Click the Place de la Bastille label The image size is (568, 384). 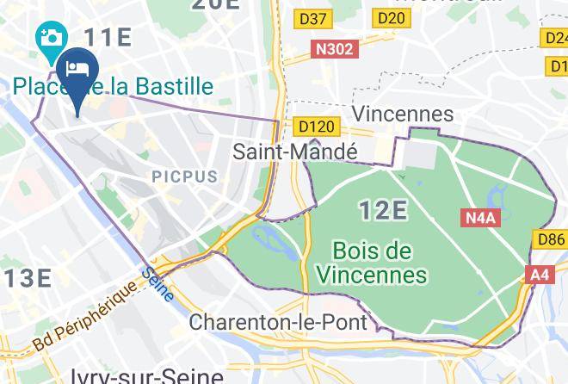113,86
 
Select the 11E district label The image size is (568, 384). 107,37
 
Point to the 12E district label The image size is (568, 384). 382,209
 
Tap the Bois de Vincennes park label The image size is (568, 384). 372,263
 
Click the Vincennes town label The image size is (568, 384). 403,114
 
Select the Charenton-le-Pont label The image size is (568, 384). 278,324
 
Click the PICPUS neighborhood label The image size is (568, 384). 185,177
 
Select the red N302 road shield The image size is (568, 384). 335,49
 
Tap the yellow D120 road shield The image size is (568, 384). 316,127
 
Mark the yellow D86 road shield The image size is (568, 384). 552,238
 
